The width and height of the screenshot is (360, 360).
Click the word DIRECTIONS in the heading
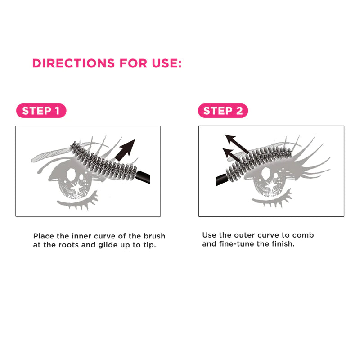[73, 63]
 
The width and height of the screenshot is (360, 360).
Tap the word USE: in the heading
[166, 63]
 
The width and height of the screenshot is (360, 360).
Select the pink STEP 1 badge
[41, 111]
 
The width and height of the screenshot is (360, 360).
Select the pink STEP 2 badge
[223, 111]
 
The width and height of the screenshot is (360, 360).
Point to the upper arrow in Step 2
[237, 144]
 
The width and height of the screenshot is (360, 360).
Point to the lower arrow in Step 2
[231, 154]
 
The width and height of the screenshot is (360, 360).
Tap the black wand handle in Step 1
[143, 177]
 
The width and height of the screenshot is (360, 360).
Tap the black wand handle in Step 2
[222, 180]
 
